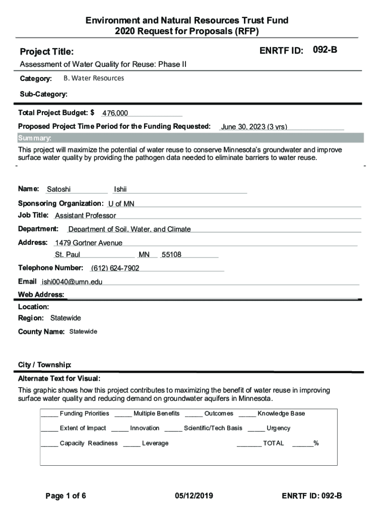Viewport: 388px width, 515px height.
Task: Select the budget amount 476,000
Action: click(115, 113)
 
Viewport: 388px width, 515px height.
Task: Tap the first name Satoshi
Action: click(59, 189)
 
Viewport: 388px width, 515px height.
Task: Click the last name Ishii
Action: click(120, 189)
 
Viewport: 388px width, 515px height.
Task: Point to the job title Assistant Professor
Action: click(85, 216)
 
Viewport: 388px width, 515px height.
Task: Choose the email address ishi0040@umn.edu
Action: click(72, 282)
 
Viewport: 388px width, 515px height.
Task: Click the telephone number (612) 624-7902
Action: click(115, 268)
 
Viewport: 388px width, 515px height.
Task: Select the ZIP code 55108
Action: click(171, 254)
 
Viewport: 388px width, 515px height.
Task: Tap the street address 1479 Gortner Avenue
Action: click(89, 243)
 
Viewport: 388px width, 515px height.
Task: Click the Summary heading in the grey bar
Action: click(34, 138)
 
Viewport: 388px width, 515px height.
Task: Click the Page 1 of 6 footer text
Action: click(66, 496)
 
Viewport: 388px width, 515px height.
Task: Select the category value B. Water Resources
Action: click(94, 78)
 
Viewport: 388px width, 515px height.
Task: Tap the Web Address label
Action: click(41, 295)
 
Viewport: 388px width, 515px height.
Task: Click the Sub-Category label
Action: click(43, 94)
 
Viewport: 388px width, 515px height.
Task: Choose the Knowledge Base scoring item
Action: click(281, 413)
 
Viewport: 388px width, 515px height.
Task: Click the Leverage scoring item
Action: click(155, 443)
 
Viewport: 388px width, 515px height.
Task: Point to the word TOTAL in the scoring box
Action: click(273, 443)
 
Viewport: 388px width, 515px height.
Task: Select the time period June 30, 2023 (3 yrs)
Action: click(254, 127)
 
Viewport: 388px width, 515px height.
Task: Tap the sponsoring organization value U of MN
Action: click(121, 204)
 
